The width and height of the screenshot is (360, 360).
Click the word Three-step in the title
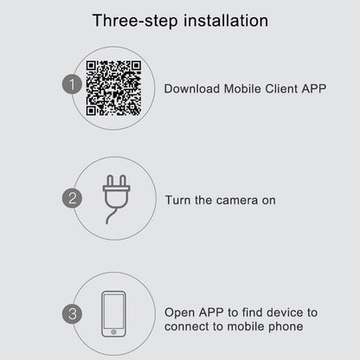[x=135, y=21]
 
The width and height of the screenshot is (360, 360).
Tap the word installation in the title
[x=226, y=21]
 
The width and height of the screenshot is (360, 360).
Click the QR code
[x=113, y=88]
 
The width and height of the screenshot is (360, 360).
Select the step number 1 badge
[x=72, y=84]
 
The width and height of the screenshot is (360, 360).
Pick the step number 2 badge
[x=72, y=198]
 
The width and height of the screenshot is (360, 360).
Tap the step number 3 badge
[x=72, y=314]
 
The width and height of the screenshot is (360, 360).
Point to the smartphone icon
[x=113, y=314]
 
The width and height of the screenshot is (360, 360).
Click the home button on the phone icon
[x=113, y=332]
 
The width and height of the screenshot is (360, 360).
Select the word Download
[x=192, y=88]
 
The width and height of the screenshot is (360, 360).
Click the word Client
[x=281, y=88]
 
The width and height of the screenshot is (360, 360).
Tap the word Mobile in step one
[x=242, y=88]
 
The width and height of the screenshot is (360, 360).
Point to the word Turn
[x=177, y=200]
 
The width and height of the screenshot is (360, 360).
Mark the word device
[x=285, y=312]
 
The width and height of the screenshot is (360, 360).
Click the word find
[x=252, y=312]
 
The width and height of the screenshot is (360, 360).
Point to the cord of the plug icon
[x=112, y=214]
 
